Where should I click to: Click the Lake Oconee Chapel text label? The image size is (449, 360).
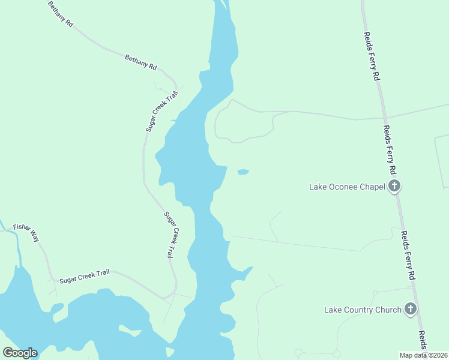[x=346, y=187]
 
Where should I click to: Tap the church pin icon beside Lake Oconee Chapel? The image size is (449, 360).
[x=394, y=186]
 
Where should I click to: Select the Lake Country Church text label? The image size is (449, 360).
[x=363, y=310]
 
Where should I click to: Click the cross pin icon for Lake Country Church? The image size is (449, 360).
[x=411, y=309]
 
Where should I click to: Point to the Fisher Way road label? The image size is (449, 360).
[x=26, y=233]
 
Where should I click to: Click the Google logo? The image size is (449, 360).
[x=20, y=353]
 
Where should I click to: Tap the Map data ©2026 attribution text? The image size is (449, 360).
[x=423, y=355]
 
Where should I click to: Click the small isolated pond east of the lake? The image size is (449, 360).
[x=243, y=172]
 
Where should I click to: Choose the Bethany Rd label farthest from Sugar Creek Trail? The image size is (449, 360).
[x=60, y=14]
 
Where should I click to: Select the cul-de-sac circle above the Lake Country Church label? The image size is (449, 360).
[x=375, y=292]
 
